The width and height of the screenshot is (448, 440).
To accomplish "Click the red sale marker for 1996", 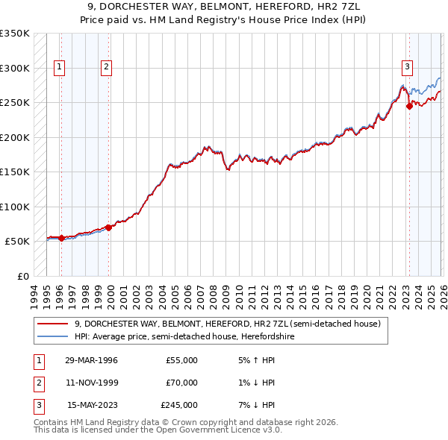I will [x=61, y=239].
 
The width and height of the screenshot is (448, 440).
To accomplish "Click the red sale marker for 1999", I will [x=108, y=227].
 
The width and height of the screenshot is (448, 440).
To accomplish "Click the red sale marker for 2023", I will [x=409, y=107].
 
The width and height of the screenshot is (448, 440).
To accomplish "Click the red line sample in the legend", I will [x=53, y=324].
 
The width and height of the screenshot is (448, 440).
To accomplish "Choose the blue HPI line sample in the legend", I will [x=53, y=336].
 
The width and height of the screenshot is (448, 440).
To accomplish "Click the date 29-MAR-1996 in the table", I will [x=91, y=360].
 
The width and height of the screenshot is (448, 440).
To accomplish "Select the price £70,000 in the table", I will [x=181, y=383].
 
